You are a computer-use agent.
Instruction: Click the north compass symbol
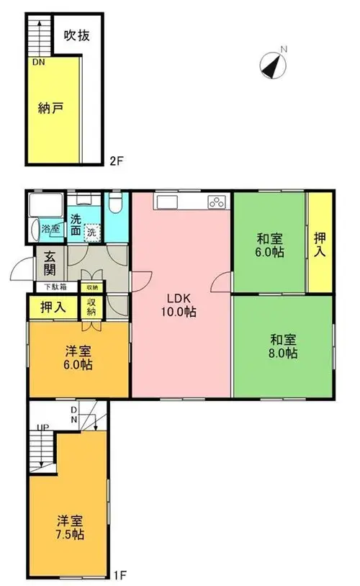pyautogui.click(x=273, y=66)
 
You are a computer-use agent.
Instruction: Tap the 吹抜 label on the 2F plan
pyautogui.click(x=77, y=35)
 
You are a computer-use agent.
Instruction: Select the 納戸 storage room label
pyautogui.click(x=50, y=109)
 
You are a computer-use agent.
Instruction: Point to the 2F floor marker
pyautogui.click(x=116, y=161)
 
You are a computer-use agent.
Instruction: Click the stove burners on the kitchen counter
pyautogui.click(x=217, y=202)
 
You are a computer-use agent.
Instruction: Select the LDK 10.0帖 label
pyautogui.click(x=179, y=305)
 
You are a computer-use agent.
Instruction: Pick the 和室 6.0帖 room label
pyautogui.click(x=269, y=245)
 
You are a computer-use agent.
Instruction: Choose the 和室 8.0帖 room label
pyautogui.click(x=283, y=346)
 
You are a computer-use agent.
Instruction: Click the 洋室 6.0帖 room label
pyautogui.click(x=78, y=358)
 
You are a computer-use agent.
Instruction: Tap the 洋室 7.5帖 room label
pyautogui.click(x=70, y=527)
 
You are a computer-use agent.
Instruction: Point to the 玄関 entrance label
pyautogui.click(x=50, y=263)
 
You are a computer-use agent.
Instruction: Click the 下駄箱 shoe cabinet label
pyautogui.click(x=55, y=287)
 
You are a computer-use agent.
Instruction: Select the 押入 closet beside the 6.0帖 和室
pyautogui.click(x=320, y=244)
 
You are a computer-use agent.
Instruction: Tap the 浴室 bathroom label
pyautogui.click(x=50, y=229)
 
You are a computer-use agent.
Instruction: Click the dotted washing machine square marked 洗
pyautogui.click(x=92, y=232)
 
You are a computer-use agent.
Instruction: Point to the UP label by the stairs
pyautogui.click(x=43, y=427)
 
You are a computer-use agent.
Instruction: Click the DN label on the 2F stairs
pyautogui.click(x=38, y=63)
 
